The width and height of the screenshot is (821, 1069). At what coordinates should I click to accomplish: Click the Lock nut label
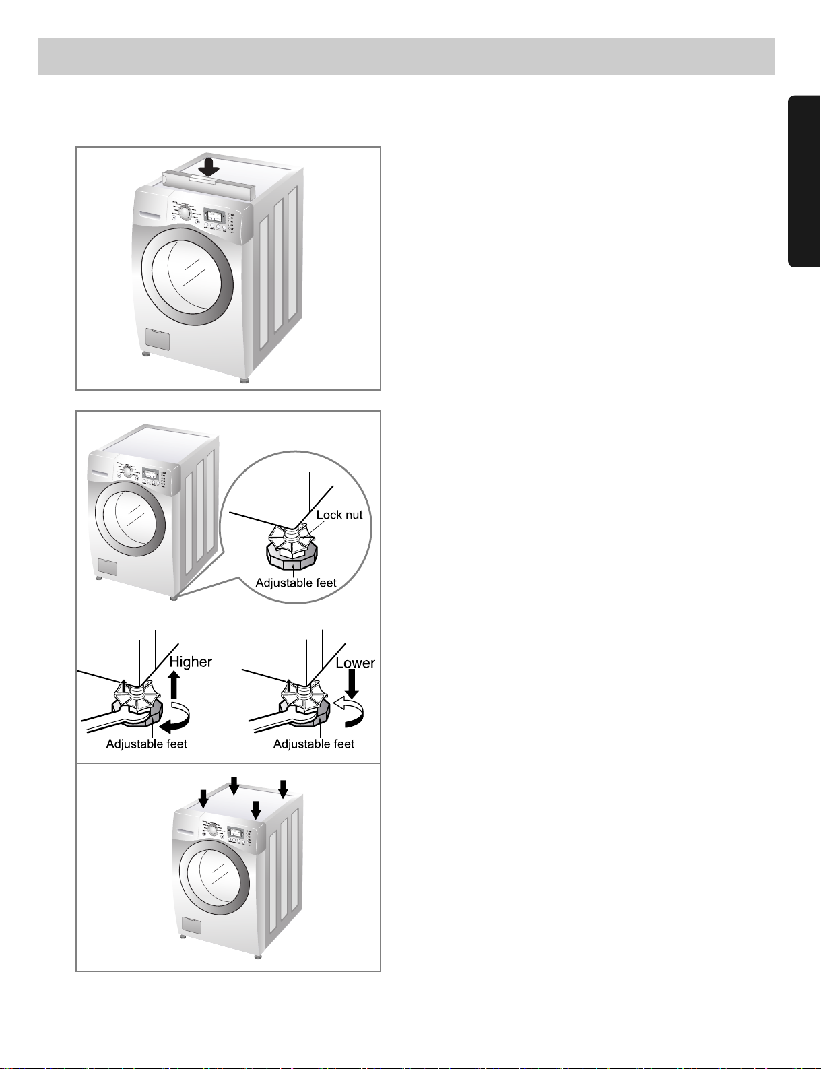click(339, 515)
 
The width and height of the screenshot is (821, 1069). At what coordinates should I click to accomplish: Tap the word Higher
click(191, 661)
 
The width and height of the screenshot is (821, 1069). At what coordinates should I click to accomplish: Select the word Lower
click(355, 663)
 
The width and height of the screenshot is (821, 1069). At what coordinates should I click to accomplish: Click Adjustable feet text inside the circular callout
click(296, 583)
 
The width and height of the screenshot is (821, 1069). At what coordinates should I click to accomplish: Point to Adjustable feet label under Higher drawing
click(147, 744)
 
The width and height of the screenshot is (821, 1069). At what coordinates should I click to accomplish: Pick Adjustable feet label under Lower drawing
click(314, 744)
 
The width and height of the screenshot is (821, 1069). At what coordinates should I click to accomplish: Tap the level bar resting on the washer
click(209, 181)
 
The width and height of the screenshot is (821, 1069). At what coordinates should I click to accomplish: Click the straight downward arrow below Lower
click(352, 684)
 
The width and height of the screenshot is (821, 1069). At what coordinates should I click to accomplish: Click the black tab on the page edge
click(804, 181)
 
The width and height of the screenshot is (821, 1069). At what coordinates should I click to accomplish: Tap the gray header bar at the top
click(406, 57)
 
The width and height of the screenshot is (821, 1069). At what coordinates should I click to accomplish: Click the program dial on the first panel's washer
click(185, 214)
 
